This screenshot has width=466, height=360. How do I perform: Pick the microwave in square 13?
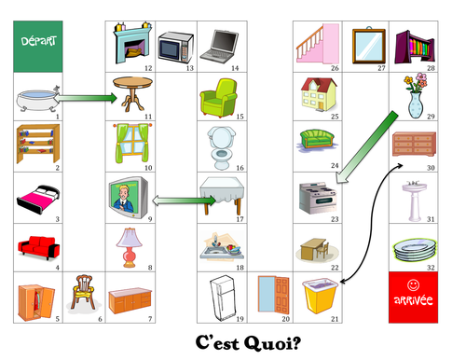[x=175, y=44]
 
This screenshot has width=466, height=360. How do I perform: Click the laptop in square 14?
[x=222, y=41]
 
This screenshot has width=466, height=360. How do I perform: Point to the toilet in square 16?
[x=222, y=145]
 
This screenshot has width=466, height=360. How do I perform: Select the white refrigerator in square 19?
[x=222, y=297]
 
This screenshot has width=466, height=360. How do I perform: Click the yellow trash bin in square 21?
[x=317, y=297]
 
